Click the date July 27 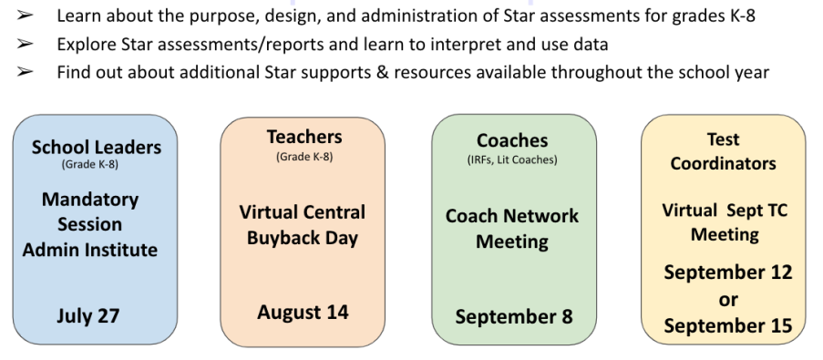tap(88, 316)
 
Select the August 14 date tap(303, 313)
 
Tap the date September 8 tap(514, 317)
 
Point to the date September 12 tap(728, 273)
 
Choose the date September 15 tap(728, 325)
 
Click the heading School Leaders tap(97, 147)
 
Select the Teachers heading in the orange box tap(304, 137)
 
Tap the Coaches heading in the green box tap(512, 140)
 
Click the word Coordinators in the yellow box tap(724, 163)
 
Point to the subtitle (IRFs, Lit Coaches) tap(512, 160)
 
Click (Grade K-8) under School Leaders tap(89, 164)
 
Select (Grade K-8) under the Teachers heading tap(304, 157)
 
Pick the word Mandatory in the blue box tap(90, 200)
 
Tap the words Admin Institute tap(89, 250)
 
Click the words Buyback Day tap(303, 238)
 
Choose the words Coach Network tap(511, 216)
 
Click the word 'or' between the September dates tap(728, 300)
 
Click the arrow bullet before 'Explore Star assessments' tap(25, 44)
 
